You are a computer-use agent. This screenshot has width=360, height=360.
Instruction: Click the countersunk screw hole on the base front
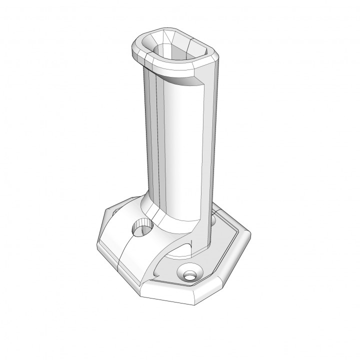pyautogui.click(x=189, y=274)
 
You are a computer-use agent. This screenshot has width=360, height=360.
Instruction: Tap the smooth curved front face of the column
pyautogui.click(x=182, y=150)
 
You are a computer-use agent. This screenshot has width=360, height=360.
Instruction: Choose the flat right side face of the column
pyautogui.click(x=210, y=150)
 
